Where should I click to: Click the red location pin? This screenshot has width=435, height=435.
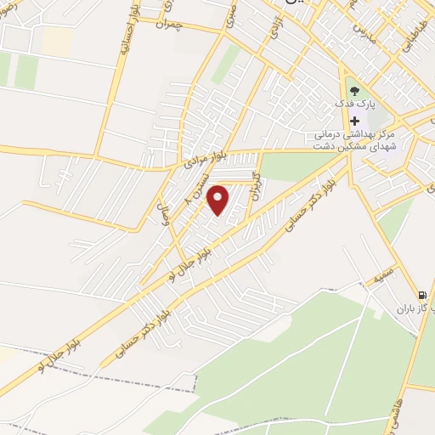tap(219, 200)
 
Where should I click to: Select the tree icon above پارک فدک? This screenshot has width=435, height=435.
tap(354, 91)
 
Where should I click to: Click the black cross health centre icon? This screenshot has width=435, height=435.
tap(354, 121)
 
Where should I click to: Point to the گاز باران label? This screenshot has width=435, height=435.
tap(415, 310)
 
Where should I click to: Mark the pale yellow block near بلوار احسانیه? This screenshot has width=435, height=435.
tap(57, 40)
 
